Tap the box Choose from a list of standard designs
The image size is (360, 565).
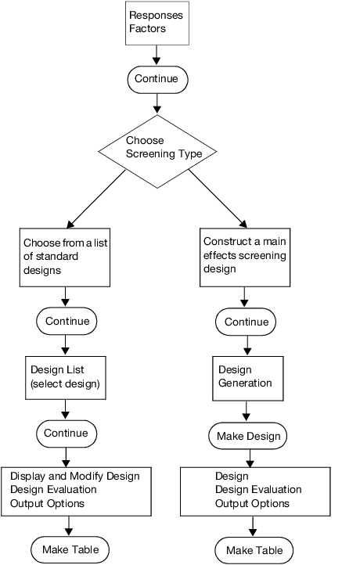pyautogui.click(x=64, y=257)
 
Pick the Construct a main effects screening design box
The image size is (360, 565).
pyautogui.click(x=245, y=256)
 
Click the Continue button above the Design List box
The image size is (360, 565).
pyautogui.click(x=67, y=321)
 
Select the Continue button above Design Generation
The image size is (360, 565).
pyautogui.click(x=247, y=322)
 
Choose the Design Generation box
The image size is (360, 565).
pyautogui.click(x=247, y=376)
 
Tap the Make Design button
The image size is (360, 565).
pyautogui.click(x=247, y=435)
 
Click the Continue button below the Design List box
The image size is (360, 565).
pyautogui.click(x=67, y=433)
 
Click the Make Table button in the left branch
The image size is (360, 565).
pyautogui.click(x=70, y=549)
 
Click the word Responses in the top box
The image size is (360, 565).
pyautogui.click(x=155, y=15)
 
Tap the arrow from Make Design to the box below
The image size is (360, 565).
pyautogui.click(x=247, y=456)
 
